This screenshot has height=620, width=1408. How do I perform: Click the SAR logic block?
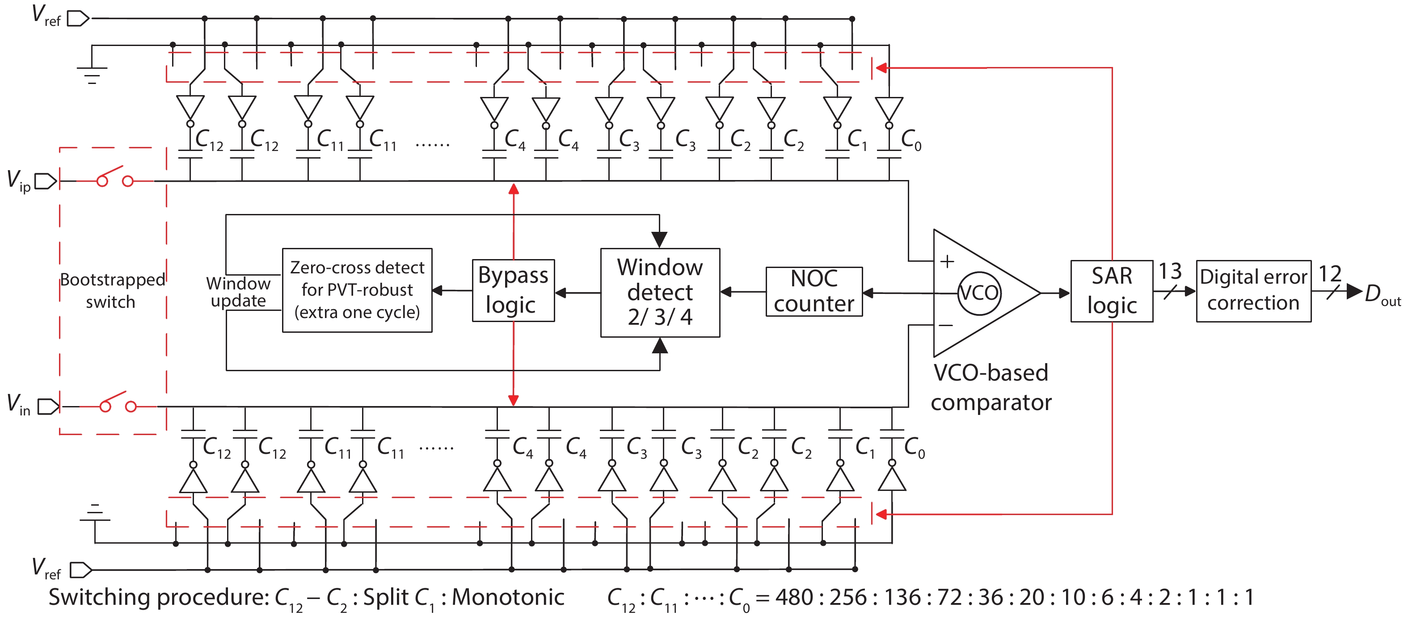(x=1111, y=291)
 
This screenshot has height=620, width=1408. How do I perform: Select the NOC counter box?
(x=814, y=292)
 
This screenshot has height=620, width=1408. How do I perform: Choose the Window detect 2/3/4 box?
(x=660, y=293)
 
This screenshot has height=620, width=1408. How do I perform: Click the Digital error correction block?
(x=1253, y=291)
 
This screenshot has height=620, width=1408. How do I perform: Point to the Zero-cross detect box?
(x=357, y=290)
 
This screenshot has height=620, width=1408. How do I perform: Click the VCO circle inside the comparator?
(x=979, y=293)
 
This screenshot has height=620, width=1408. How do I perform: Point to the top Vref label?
(x=46, y=15)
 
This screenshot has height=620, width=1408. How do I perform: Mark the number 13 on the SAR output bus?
(x=1170, y=272)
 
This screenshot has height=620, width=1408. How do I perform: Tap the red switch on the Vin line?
(x=117, y=402)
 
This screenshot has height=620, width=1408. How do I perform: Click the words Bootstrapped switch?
(x=112, y=291)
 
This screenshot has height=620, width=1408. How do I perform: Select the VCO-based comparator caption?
(x=991, y=387)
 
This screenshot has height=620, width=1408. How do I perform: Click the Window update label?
(x=238, y=292)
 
